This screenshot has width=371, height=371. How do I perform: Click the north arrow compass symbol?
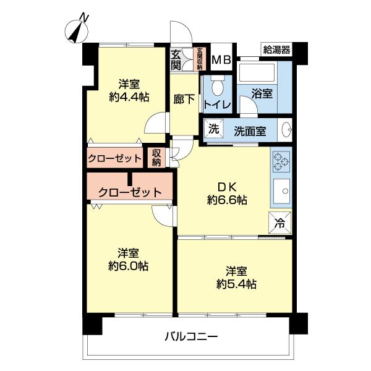point(77,29)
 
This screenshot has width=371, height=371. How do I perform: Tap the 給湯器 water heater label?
point(276,49)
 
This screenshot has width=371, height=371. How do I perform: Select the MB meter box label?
point(221,60)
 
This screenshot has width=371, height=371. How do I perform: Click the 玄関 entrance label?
point(176,60)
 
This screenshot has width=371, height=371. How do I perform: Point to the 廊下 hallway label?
point(182,98)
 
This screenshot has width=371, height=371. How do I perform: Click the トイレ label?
point(217,105)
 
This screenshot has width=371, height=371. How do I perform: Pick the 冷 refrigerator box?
point(280,224)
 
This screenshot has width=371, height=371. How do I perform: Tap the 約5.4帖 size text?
point(237,284)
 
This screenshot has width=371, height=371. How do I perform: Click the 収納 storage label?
point(156,158)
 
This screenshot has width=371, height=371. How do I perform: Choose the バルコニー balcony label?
point(191,338)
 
